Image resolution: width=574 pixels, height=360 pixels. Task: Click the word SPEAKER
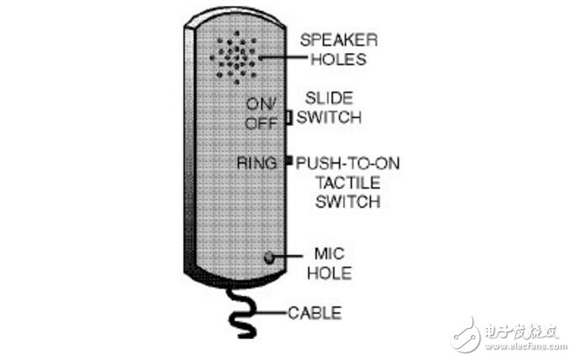339,40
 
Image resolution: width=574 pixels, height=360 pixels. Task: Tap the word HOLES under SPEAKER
339,60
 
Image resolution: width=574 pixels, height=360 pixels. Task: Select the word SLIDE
329,98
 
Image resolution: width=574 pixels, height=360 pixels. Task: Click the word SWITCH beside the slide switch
329,117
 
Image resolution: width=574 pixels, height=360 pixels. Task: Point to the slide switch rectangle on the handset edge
289,118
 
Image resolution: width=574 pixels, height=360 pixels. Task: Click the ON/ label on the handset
260,104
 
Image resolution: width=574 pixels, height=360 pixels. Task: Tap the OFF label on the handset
261,124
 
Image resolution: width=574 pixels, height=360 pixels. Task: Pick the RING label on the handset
256,163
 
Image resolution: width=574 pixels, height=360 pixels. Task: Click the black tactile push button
289,160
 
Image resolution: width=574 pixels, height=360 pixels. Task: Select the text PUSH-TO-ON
348,163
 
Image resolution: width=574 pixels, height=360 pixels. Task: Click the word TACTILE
348,183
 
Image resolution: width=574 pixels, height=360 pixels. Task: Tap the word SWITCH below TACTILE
348,202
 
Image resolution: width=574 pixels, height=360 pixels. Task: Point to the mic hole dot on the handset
269,257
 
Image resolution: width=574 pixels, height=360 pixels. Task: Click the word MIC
329,254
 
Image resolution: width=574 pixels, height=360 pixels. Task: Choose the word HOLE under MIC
329,273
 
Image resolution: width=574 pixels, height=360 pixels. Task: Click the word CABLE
315,313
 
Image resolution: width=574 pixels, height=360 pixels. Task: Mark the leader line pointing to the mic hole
287,256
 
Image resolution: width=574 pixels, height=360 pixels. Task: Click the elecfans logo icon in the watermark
465,335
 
